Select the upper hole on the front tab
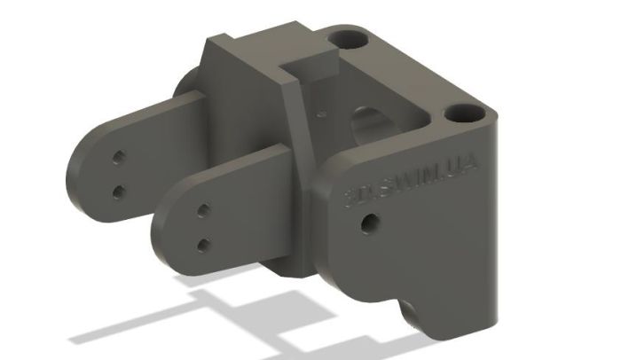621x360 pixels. [203, 210]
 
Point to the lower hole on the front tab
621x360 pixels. [203, 243]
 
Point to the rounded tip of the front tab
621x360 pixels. [164, 232]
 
